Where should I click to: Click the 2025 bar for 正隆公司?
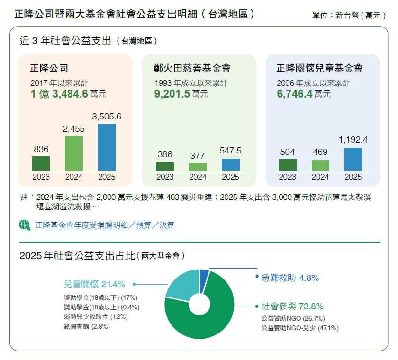coord(107,147)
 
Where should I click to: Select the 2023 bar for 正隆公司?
coord(41,163)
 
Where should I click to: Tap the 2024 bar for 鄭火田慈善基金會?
coord(198,167)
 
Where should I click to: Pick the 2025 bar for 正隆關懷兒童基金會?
coord(353,159)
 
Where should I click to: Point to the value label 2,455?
coord(73,128)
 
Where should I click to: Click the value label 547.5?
coord(231,151)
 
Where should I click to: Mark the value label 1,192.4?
coord(353,140)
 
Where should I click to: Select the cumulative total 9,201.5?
coord(172,94)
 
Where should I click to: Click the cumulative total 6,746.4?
coord(295,94)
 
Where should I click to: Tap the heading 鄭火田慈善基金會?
coord(192,68)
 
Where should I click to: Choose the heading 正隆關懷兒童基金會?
coord(320,68)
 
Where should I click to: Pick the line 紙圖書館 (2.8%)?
coord(83,327)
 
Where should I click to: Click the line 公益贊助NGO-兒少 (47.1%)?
coord(300,327)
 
